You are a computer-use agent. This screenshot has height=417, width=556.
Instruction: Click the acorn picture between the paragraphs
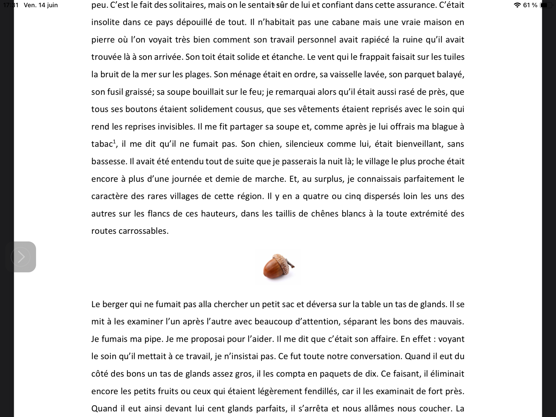tap(278, 266)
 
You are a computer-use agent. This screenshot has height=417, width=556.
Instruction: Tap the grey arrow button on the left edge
tap(21, 257)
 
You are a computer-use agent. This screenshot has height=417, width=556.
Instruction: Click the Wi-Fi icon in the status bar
tap(517, 5)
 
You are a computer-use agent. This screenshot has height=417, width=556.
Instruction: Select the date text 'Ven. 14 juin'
tap(41, 5)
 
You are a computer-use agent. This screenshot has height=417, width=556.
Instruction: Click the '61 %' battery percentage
tap(530, 5)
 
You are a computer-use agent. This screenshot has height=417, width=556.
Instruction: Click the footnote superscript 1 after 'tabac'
tap(114, 141)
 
